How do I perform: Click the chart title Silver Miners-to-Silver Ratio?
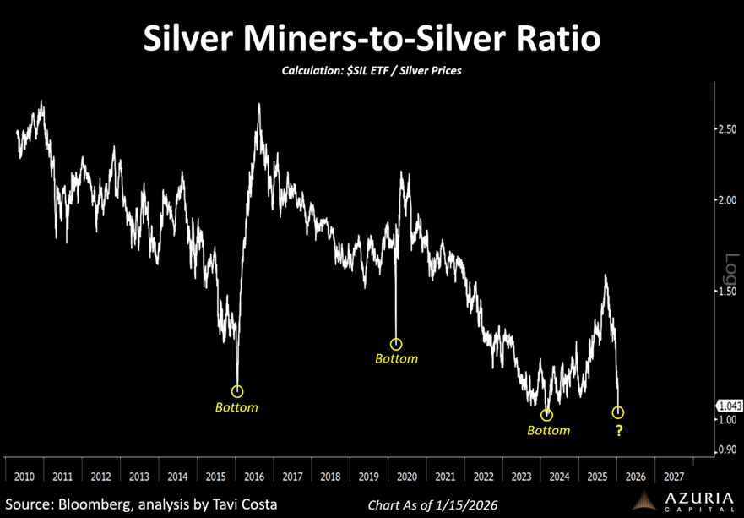pos(372,41)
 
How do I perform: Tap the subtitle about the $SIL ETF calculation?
pos(372,72)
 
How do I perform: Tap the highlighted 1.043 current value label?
pos(728,406)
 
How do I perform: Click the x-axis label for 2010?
pos(25,476)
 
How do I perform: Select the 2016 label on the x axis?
pos(254,476)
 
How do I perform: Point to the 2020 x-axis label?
pos(407,476)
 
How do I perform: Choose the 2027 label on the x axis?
pos(674,476)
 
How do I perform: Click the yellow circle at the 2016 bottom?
pos(237,391)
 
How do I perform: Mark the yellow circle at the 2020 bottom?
pos(396,344)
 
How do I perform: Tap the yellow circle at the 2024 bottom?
pos(547,415)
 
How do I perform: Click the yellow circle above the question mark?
pos(618,412)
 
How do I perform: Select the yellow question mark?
pos(618,432)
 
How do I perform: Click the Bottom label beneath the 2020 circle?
pos(396,358)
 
